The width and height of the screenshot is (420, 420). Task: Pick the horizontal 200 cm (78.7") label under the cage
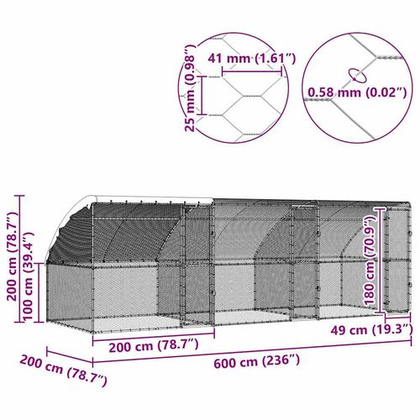(x=145, y=345)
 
